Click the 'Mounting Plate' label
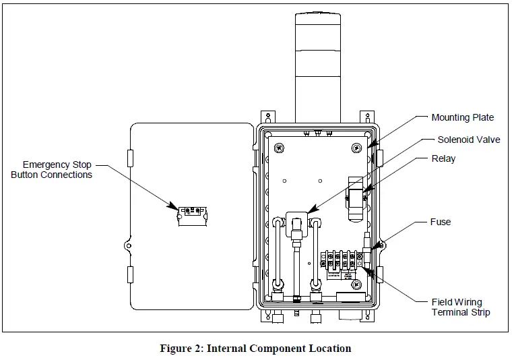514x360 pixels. [x=462, y=118]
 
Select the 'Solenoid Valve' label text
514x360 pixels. [x=469, y=140]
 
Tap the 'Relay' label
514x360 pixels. [x=443, y=159]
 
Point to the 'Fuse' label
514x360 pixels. [x=441, y=222]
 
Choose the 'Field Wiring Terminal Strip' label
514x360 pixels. [x=461, y=307]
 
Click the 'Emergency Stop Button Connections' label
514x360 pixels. [x=51, y=170]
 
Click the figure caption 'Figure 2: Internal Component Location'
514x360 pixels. [x=255, y=349]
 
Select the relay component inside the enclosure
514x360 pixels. [x=355, y=199]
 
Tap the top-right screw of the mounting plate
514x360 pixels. [x=355, y=147]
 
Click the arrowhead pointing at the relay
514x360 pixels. [x=364, y=195]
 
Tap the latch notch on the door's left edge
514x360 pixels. [x=128, y=246]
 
